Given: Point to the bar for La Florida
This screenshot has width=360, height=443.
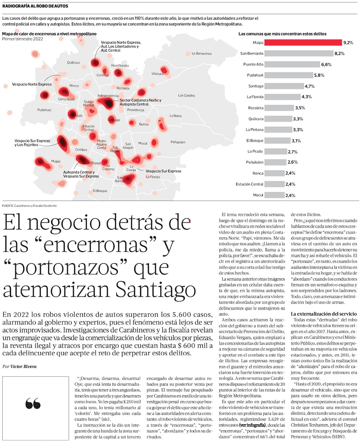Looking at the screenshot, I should [282, 97].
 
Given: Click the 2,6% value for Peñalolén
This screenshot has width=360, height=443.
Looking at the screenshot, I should [292, 162].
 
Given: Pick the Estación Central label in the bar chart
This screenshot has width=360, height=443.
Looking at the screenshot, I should [249, 184].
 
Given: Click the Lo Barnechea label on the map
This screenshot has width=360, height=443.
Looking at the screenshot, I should [201, 54].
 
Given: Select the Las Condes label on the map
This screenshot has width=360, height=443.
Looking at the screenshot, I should [186, 95].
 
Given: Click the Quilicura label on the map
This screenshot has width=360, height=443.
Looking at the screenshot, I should [73, 62].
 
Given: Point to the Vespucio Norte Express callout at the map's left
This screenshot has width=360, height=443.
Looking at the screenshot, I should [32, 84].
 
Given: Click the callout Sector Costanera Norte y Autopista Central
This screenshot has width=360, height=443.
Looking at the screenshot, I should [140, 102].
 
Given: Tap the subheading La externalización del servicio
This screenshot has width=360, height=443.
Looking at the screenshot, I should [324, 314].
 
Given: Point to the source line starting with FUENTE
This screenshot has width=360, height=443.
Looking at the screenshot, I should [29, 205].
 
